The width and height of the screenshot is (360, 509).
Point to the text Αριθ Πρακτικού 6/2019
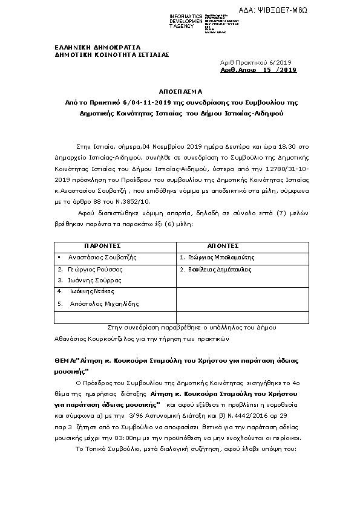coord(255,62)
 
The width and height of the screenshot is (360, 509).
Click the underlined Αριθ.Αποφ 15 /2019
coord(258,70)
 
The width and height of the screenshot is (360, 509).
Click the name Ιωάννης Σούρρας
coord(94,280)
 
